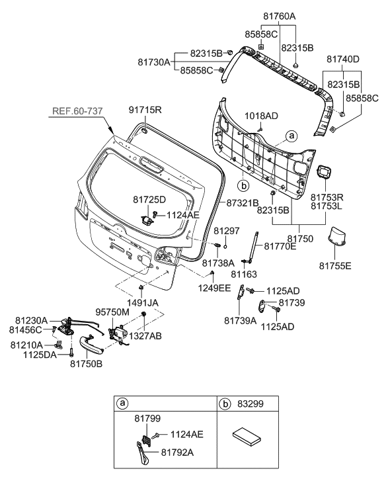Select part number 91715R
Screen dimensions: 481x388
coord(145,110)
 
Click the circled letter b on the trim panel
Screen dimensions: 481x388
coord(243,185)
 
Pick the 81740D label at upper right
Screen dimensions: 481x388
coord(342,59)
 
